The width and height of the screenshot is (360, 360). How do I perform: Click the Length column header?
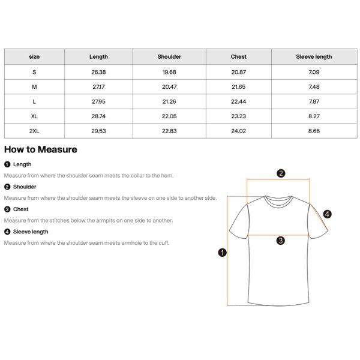tap(98, 57)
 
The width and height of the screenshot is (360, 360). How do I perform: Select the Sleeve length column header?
tap(313, 57)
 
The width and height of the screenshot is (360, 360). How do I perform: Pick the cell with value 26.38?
tap(98, 72)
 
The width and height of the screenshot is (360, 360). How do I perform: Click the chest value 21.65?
tap(238, 87)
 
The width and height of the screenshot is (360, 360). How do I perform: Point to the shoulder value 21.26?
tap(169, 102)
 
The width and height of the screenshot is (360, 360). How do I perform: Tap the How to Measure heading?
tap(40, 149)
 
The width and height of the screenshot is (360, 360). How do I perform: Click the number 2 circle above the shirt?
tap(280, 174)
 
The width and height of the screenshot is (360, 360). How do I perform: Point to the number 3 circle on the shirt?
tap(280, 241)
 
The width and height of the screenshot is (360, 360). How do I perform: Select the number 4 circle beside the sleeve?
tap(327, 214)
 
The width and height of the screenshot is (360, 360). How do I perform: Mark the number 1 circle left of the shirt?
tap(222, 253)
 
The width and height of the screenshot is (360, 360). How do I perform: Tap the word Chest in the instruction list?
tap(21, 209)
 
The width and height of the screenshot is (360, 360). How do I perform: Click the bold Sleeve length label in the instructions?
tap(31, 232)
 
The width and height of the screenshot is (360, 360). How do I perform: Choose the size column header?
tap(34, 57)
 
